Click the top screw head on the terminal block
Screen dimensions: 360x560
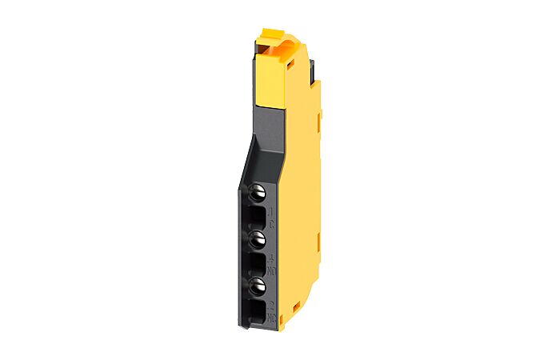point(258,192)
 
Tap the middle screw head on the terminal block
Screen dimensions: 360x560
point(258,238)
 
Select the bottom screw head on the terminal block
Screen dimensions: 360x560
point(258,284)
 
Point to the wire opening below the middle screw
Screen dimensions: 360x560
point(257,261)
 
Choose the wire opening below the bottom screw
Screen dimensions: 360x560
point(257,307)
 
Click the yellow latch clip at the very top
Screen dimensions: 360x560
point(272,37)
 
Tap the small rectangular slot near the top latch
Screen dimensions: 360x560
point(282,50)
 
